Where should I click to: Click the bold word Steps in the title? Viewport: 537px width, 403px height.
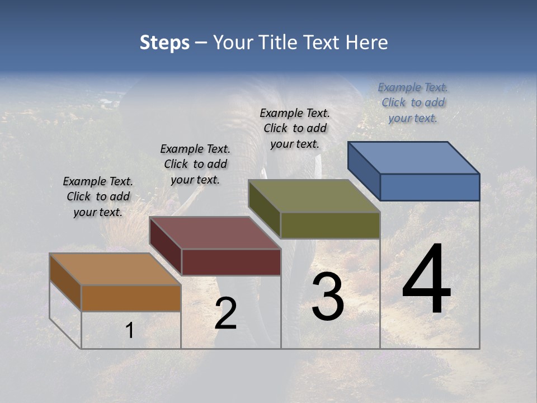coord(164,43)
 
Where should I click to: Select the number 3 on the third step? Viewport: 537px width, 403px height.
coord(328,297)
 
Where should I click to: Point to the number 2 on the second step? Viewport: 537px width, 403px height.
coord(226,313)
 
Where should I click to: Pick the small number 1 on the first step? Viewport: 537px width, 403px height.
coord(129,331)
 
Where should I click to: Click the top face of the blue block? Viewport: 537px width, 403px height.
coord(414,157)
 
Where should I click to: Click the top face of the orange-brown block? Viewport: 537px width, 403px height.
coord(115,269)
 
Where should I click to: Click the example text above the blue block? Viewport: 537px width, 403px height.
coord(413,102)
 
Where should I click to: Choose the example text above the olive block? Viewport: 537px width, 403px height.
coord(295,128)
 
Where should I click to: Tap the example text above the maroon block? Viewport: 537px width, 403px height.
coord(195,164)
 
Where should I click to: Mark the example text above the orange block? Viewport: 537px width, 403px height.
coord(98,196)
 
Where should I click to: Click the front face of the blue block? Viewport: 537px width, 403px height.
coord(430,187)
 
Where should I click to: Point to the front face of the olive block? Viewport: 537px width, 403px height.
coord(330,225)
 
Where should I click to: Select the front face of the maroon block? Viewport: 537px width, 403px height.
coord(231,262)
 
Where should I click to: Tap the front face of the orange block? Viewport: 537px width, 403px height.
coord(131,298)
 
